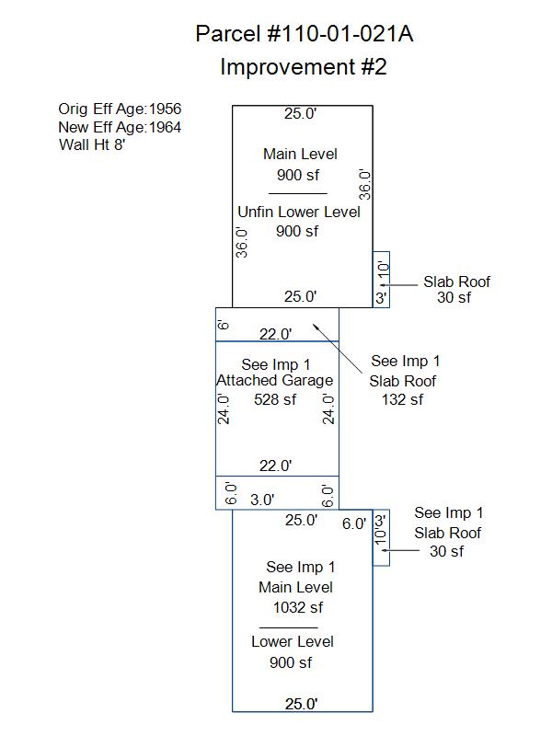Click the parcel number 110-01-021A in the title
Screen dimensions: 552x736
(x=340, y=34)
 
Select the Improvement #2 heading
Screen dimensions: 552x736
(x=304, y=66)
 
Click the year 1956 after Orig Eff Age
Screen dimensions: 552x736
(x=165, y=109)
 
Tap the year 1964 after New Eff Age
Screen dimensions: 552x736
(x=165, y=127)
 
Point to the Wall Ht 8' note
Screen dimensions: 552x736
(x=92, y=144)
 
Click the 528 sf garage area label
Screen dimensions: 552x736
(x=275, y=399)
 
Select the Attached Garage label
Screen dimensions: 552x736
(x=274, y=380)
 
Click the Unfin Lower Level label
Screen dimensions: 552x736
(x=299, y=212)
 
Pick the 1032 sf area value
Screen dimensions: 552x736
(x=298, y=607)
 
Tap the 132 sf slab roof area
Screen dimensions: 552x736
(x=402, y=399)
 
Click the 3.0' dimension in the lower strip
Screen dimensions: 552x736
(x=262, y=500)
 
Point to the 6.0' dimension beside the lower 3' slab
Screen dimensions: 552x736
(x=354, y=523)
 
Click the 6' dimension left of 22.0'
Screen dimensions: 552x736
(x=224, y=325)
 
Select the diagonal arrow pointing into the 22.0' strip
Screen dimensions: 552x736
(x=338, y=349)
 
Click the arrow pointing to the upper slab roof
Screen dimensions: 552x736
(x=398, y=285)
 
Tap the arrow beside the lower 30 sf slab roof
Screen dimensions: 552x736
(x=400, y=550)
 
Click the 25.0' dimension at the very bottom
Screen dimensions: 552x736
(x=302, y=704)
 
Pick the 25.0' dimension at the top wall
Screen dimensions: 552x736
(x=301, y=113)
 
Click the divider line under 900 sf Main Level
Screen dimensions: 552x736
(x=297, y=193)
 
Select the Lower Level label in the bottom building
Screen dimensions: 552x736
(x=293, y=641)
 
